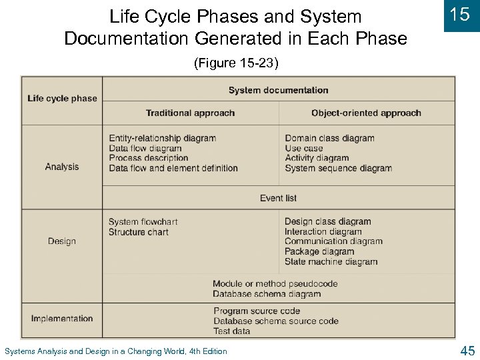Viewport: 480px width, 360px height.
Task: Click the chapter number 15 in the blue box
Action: pyautogui.click(x=461, y=15)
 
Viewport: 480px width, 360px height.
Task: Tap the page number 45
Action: pyautogui.click(x=467, y=351)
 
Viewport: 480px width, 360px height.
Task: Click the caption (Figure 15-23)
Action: pyautogui.click(x=236, y=63)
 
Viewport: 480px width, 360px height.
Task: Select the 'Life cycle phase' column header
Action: pyautogui.click(x=62, y=99)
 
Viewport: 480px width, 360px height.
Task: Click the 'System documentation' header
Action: pyautogui.click(x=278, y=90)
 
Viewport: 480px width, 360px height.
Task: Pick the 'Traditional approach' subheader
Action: pyautogui.click(x=190, y=113)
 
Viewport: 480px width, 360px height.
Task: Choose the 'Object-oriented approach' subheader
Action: pyautogui.click(x=366, y=113)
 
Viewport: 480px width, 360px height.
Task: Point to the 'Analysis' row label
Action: pyautogui.click(x=62, y=167)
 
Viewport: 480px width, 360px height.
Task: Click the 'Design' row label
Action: pyautogui.click(x=62, y=241)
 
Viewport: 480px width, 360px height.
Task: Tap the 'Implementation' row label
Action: pyautogui.click(x=62, y=319)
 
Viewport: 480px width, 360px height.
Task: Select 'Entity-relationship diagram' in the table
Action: pyautogui.click(x=162, y=139)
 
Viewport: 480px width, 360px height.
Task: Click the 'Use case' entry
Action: pyautogui.click(x=304, y=149)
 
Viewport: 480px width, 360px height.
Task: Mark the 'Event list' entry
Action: pyautogui.click(x=278, y=198)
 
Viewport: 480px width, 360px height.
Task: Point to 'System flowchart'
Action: pyautogui.click(x=143, y=222)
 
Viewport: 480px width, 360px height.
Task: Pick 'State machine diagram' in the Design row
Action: pyautogui.click(x=331, y=262)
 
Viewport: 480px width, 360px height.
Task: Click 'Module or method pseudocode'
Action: pyautogui.click(x=275, y=284)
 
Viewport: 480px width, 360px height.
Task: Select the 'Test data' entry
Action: pyautogui.click(x=232, y=331)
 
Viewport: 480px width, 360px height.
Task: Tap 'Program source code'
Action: pyautogui.click(x=257, y=311)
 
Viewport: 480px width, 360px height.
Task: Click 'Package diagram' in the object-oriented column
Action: pyautogui.click(x=319, y=252)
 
